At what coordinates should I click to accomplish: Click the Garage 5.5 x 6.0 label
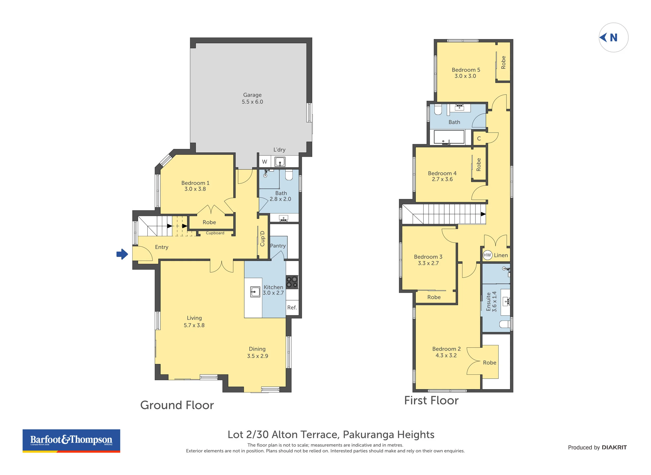pos(252,98)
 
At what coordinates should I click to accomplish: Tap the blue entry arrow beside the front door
pos(122,254)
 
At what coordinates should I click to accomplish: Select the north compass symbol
pos(613,37)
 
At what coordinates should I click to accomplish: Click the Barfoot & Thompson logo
pos(71,441)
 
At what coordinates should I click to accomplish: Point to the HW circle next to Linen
pos(487,255)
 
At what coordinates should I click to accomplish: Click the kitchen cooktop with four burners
pos(292,282)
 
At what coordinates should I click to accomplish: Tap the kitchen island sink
pos(255,292)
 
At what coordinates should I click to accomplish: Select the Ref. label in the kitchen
pos(292,308)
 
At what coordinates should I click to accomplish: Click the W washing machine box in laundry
pos(265,162)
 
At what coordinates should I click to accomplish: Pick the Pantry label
pos(278,246)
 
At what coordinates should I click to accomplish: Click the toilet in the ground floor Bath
pos(289,175)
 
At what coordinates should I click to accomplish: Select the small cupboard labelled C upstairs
pos(479,139)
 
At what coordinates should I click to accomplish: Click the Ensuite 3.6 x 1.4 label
pos(491,302)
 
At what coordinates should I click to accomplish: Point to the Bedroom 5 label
pos(466,73)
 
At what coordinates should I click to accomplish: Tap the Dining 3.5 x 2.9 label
pos(257,353)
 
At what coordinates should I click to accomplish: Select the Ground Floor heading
pos(177,405)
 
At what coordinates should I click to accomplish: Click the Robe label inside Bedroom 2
pos(489,363)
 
